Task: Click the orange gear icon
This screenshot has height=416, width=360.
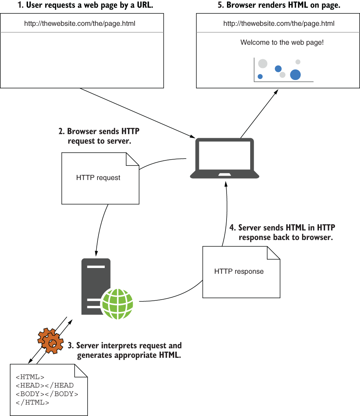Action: pos(51,341)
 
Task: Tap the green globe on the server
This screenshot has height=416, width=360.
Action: pos(117,304)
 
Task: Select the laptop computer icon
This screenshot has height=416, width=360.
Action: pos(224,159)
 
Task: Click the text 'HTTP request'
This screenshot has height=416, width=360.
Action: pos(98,177)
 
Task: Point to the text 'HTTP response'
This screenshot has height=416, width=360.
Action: pos(239,271)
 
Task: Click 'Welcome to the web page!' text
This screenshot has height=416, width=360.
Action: pos(282,43)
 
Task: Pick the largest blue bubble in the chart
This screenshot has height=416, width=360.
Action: pos(295,75)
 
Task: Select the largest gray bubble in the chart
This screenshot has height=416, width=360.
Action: pos(263,64)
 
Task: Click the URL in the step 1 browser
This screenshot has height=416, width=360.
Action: pos(80,24)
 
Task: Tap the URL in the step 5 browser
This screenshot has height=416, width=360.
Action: pos(279,24)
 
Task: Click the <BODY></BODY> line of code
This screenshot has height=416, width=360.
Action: pos(47,394)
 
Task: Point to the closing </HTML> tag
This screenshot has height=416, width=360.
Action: pos(32,403)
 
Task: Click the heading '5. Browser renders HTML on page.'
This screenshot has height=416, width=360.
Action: pos(279,5)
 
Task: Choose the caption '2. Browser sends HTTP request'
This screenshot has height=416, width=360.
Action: pos(99,136)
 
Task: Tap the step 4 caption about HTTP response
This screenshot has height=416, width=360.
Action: pos(282,232)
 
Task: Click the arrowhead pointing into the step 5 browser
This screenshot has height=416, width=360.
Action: pos(276,92)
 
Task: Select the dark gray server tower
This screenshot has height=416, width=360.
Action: pos(96,287)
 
